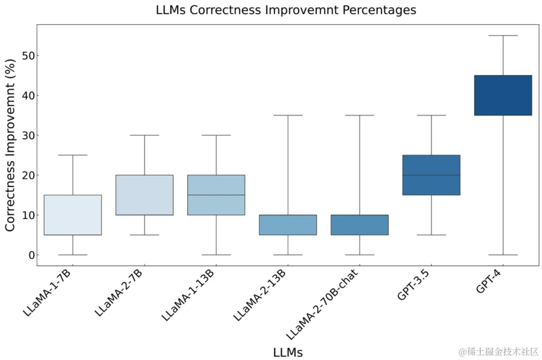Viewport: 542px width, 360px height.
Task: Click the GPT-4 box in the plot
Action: click(x=503, y=95)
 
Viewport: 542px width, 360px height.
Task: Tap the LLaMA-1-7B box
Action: click(x=73, y=215)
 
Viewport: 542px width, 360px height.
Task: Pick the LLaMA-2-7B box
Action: click(x=145, y=195)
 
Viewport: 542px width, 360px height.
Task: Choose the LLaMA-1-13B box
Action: click(x=216, y=195)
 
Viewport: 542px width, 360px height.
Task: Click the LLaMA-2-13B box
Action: click(x=288, y=225)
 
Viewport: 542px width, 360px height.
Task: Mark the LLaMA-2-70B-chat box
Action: click(x=360, y=225)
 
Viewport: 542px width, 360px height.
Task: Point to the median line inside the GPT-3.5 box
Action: click(x=431, y=175)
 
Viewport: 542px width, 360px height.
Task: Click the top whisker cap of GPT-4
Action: click(x=503, y=36)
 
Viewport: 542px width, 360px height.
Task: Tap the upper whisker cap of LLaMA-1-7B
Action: click(x=73, y=155)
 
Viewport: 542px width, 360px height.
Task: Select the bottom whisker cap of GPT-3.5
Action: click(x=431, y=235)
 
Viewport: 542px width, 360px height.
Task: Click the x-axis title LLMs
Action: click(x=288, y=352)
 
